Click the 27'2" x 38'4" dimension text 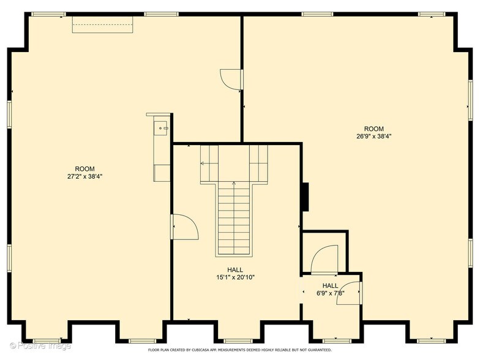click(x=85, y=177)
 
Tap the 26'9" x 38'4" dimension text click(x=373, y=137)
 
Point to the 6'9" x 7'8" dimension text click(x=331, y=293)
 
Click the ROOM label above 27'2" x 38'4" click(x=85, y=169)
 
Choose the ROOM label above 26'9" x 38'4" click(x=373, y=129)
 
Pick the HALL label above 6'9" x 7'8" click(x=331, y=285)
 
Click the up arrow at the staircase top click(x=234, y=184)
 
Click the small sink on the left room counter click(x=161, y=127)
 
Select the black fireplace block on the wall click(x=304, y=196)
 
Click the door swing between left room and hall click(x=186, y=227)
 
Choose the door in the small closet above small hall click(x=324, y=258)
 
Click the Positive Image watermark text click(x=37, y=346)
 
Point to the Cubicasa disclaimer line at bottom click(x=240, y=350)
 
